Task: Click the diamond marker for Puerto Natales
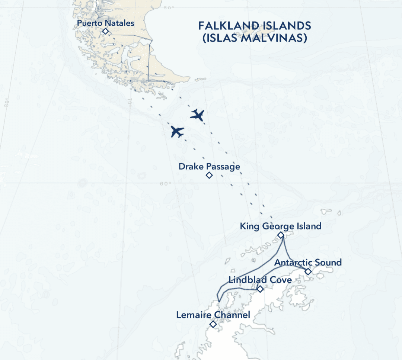105,32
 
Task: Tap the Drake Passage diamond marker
209,175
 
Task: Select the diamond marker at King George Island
281,235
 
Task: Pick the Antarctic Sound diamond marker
308,271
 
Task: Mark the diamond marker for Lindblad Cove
260,289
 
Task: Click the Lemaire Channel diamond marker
213,324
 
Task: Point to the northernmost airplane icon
197,115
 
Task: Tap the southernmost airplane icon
177,131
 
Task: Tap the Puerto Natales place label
105,23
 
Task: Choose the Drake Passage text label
209,166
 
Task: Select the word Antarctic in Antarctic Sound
292,263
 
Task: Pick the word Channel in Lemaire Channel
234,315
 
